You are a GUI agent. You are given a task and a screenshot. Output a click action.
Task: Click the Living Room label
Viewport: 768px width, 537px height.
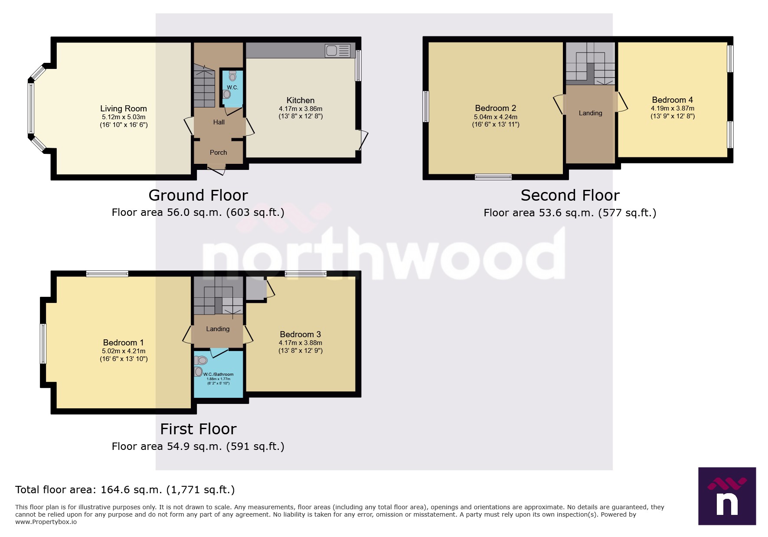pyautogui.click(x=124, y=108)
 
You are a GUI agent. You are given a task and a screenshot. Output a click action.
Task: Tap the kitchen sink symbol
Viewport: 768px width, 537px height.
pyautogui.click(x=337, y=51)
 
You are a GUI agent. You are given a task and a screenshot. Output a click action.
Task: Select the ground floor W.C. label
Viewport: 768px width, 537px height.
pyautogui.click(x=232, y=87)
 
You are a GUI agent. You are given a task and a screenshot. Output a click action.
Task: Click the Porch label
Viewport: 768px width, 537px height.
pyautogui.click(x=218, y=153)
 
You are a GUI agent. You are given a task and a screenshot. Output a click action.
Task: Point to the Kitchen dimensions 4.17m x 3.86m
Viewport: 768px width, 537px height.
pyautogui.click(x=301, y=109)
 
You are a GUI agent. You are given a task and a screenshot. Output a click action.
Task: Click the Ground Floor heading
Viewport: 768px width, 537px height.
pyautogui.click(x=198, y=195)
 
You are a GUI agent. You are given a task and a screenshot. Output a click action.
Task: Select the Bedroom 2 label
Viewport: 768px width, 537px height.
pyautogui.click(x=495, y=108)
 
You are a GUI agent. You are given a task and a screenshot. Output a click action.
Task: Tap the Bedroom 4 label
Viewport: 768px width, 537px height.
pyautogui.click(x=672, y=100)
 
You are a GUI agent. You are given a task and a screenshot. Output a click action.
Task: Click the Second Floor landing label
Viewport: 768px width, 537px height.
pyautogui.click(x=590, y=113)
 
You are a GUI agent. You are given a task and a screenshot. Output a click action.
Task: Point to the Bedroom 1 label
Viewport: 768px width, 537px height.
pyautogui.click(x=123, y=342)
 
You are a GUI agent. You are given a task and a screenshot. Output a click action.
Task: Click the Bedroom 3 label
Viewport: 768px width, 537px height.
pyautogui.click(x=300, y=334)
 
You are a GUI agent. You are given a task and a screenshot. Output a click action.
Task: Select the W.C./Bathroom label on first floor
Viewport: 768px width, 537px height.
pyautogui.click(x=218, y=374)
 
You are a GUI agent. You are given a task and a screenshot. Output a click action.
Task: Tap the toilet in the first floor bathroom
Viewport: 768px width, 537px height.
pyautogui.click(x=201, y=360)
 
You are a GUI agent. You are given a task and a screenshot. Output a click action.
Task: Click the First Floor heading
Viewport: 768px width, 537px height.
pyautogui.click(x=198, y=429)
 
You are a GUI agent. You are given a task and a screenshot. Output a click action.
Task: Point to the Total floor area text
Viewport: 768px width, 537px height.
pyautogui.click(x=125, y=490)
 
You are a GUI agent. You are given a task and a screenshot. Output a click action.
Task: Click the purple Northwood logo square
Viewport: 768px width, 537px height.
pyautogui.click(x=727, y=496)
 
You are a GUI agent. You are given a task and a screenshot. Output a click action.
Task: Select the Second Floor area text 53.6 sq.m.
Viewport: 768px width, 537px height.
pyautogui.click(x=570, y=213)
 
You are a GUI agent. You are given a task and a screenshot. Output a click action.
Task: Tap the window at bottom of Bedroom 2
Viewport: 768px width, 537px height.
pyautogui.click(x=493, y=176)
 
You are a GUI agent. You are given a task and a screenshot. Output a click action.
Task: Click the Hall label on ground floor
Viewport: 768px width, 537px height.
pyautogui.click(x=219, y=122)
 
